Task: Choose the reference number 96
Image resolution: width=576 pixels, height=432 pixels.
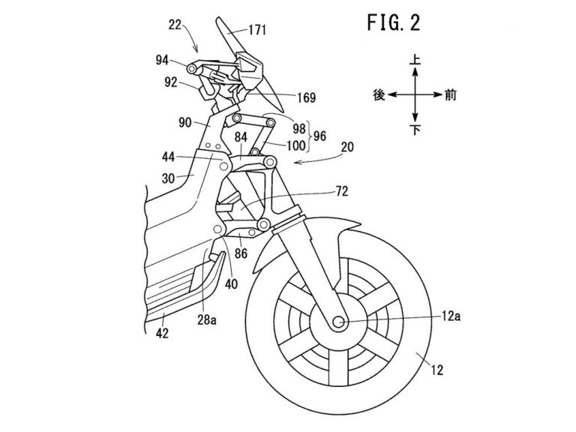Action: (320, 136)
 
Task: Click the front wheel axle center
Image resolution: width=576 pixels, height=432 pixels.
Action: (337, 322)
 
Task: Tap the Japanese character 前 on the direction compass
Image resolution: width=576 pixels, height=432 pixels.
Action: (450, 95)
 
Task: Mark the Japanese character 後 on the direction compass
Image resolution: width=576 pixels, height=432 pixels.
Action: (379, 95)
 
